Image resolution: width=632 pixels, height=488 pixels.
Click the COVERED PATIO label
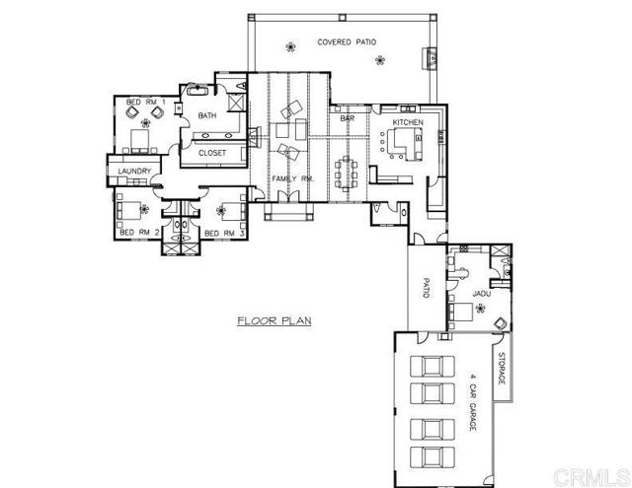(x=347, y=42)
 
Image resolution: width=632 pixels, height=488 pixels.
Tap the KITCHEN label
(x=408, y=122)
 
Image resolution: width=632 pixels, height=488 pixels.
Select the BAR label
(x=347, y=118)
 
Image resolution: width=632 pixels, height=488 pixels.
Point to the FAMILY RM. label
(x=292, y=178)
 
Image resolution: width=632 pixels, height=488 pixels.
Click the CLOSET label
(x=212, y=153)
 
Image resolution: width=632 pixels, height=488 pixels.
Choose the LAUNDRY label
(x=134, y=171)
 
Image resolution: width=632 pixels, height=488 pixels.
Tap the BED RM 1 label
(x=145, y=103)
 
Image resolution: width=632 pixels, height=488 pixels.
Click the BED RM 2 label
(x=139, y=233)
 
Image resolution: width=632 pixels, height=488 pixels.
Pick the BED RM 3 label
(x=224, y=234)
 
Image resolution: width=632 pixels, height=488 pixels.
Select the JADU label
(x=481, y=294)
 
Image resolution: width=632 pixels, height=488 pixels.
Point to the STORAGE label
(x=502, y=368)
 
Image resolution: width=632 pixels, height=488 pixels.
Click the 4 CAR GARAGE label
(x=473, y=402)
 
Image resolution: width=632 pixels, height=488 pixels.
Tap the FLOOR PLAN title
(x=275, y=320)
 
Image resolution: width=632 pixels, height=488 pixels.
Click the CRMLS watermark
(x=591, y=477)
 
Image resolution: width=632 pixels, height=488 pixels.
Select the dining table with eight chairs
(x=347, y=173)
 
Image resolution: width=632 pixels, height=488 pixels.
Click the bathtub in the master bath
(x=197, y=90)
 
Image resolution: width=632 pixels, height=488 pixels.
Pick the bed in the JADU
(x=460, y=312)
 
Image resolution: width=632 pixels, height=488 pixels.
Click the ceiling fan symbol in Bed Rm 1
(x=145, y=123)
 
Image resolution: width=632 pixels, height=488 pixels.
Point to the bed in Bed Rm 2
(x=128, y=210)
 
